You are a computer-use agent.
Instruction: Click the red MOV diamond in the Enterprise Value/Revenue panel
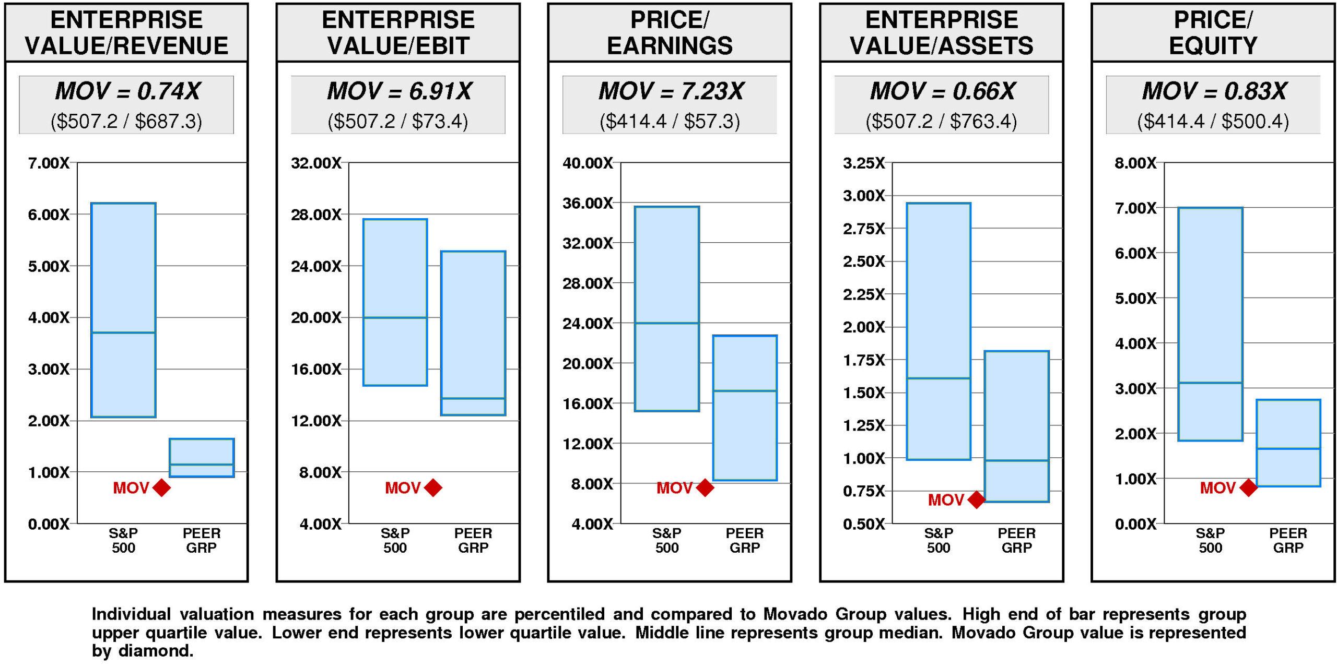[x=162, y=488]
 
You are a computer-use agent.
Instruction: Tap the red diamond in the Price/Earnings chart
[x=705, y=488]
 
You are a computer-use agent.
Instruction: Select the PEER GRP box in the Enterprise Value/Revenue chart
[x=202, y=458]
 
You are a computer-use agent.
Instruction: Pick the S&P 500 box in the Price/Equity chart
[x=1210, y=324]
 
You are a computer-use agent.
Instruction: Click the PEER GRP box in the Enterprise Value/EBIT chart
[x=473, y=333]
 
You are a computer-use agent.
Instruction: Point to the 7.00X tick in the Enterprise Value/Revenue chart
[x=49, y=163]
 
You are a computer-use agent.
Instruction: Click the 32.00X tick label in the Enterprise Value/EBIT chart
[x=316, y=163]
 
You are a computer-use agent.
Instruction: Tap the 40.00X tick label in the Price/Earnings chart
[x=588, y=163]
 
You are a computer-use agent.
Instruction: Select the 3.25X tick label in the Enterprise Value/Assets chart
[x=864, y=163]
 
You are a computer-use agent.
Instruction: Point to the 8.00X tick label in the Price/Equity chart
[x=1135, y=163]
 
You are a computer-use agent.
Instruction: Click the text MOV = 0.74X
[x=127, y=91]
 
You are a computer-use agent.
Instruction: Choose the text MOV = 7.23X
[x=671, y=91]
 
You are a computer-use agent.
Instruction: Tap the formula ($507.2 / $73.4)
[x=398, y=122]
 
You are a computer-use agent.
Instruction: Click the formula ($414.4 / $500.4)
[x=1213, y=122]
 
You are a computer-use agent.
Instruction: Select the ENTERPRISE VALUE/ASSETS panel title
[x=941, y=33]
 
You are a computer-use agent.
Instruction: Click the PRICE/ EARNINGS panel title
[x=670, y=33]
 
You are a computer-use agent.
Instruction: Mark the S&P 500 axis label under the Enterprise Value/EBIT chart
[x=395, y=540]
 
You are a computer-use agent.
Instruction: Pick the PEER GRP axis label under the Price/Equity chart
[x=1288, y=540]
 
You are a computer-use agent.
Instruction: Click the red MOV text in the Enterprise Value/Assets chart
[x=945, y=500]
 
